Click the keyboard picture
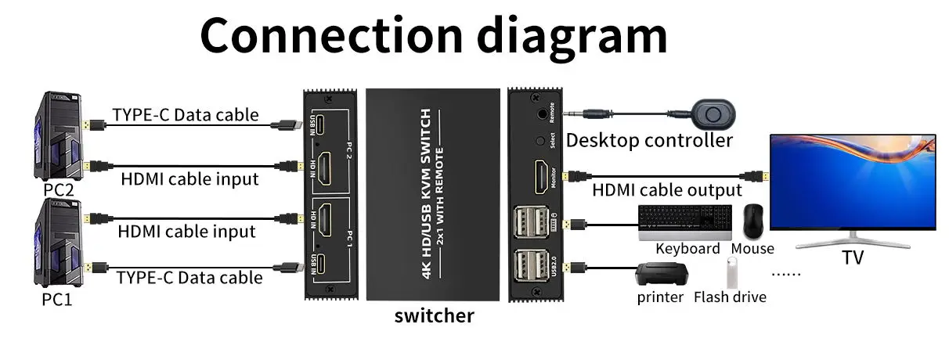click(x=685, y=221)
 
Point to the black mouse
click(x=754, y=221)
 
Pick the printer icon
click(x=661, y=274)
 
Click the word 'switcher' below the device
click(x=434, y=316)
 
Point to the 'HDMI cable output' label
click(x=666, y=190)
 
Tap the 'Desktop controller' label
click(x=649, y=141)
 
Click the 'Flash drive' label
click(x=730, y=297)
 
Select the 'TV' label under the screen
click(x=852, y=257)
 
